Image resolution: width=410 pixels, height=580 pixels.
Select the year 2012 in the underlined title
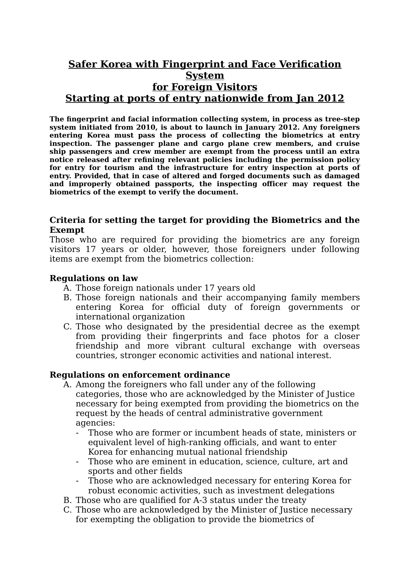pos(330,99)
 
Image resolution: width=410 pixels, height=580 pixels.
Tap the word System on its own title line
pos(205,76)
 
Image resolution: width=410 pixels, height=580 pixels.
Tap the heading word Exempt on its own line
pos(67,230)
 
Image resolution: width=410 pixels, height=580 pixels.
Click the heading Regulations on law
pos(93,278)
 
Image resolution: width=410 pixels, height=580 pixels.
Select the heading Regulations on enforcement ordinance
pos(140,375)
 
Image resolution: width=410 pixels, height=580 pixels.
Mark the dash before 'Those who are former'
pos(77,433)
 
